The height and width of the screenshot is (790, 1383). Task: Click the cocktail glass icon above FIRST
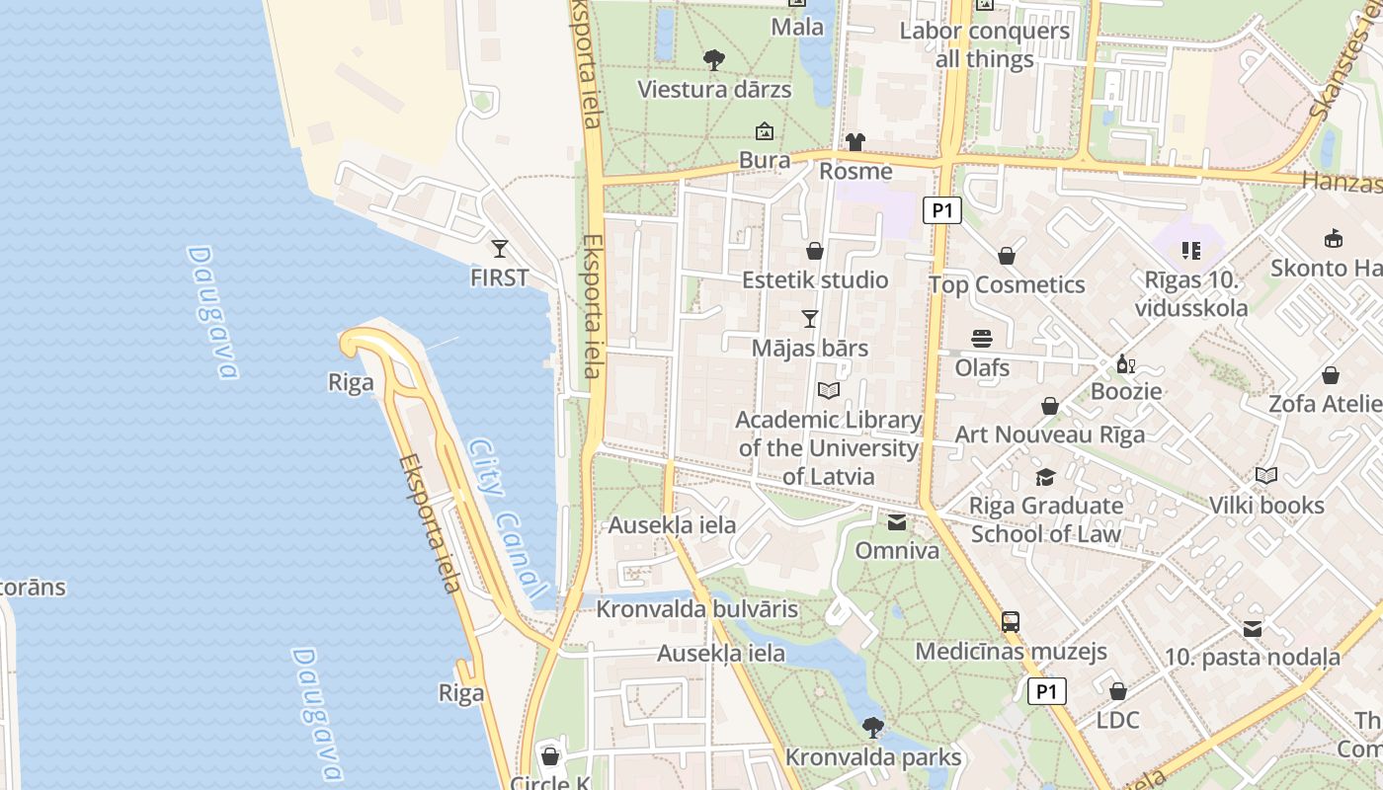(x=500, y=249)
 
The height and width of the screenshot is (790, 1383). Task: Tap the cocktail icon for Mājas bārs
(x=810, y=318)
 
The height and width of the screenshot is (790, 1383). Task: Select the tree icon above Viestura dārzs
(x=713, y=60)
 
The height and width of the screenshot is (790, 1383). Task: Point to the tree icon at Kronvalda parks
(x=872, y=728)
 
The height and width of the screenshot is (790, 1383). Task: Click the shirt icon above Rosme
(x=855, y=142)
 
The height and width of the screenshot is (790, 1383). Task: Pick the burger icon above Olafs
(x=982, y=339)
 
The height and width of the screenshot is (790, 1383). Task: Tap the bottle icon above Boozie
(x=1125, y=363)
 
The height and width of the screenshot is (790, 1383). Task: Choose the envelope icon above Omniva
(x=897, y=521)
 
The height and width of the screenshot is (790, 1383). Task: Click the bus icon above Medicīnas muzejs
(x=1011, y=622)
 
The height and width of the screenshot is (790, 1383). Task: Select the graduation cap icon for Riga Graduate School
(x=1045, y=478)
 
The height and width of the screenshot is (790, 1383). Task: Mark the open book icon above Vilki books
(x=1266, y=476)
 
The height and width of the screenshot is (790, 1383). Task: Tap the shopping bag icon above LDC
(x=1118, y=691)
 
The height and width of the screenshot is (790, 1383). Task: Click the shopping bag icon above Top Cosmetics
(x=1007, y=256)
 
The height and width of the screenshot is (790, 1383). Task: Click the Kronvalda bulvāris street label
(x=696, y=609)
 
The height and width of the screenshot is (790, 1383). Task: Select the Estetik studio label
(x=815, y=279)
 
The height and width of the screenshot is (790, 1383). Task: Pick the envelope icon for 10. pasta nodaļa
(x=1253, y=628)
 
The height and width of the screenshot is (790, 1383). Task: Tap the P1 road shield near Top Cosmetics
(x=942, y=209)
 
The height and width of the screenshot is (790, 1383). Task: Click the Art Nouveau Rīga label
(x=1050, y=434)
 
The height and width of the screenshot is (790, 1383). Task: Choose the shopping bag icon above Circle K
(x=550, y=756)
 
